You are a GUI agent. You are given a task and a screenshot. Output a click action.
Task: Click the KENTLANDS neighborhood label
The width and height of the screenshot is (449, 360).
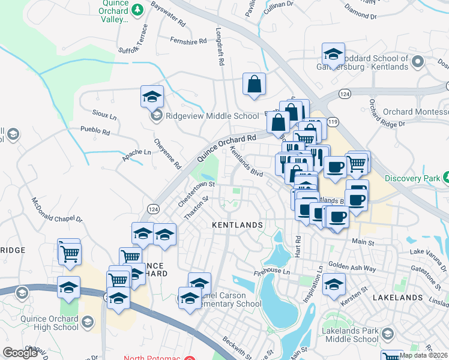[x=238, y=225]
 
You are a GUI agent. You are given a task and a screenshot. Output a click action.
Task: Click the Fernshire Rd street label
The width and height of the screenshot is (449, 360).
[x=188, y=41]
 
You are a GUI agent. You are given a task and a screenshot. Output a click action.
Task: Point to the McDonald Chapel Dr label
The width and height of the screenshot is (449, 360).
[x=56, y=211]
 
